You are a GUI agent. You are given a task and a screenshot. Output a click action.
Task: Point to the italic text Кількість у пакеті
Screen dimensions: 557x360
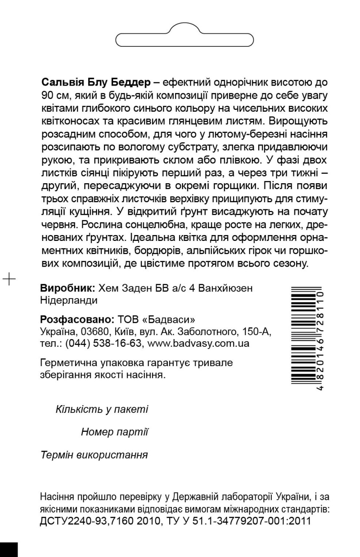point(102,409)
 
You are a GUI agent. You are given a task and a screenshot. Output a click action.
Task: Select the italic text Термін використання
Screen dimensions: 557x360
point(94,454)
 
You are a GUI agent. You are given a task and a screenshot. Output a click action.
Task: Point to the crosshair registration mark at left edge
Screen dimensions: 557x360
point(9,279)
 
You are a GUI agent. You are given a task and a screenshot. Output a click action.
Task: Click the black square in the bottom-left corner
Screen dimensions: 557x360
point(9,549)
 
